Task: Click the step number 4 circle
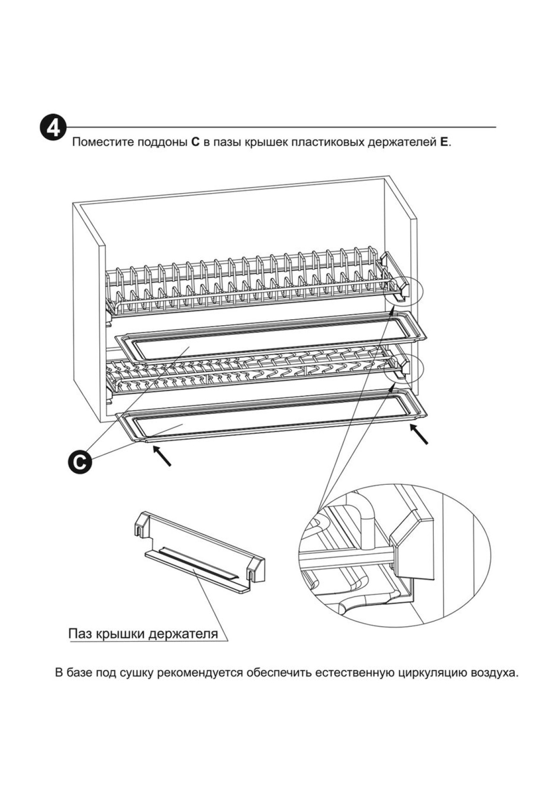[x=53, y=128]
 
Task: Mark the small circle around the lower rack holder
[x=402, y=368]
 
